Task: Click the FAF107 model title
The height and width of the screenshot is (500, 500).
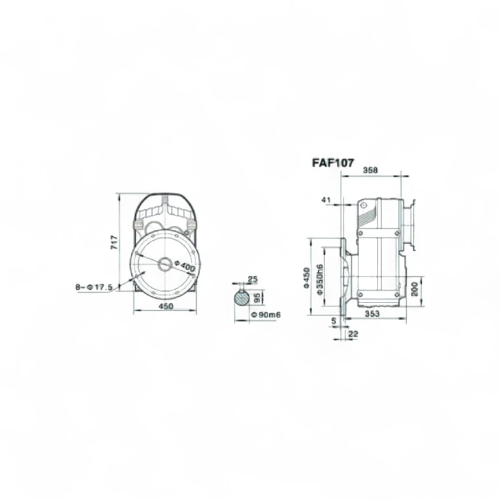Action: [333, 163]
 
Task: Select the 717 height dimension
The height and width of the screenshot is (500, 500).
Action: [114, 243]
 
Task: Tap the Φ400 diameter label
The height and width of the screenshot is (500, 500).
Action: [185, 266]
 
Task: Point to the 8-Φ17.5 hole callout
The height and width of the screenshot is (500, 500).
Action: [94, 287]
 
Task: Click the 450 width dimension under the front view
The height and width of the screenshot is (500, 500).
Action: [166, 306]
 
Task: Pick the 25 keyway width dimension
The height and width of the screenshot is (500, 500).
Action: [253, 279]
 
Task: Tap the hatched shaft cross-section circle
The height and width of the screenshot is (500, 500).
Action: [243, 298]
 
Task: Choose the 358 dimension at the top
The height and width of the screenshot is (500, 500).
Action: [371, 170]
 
